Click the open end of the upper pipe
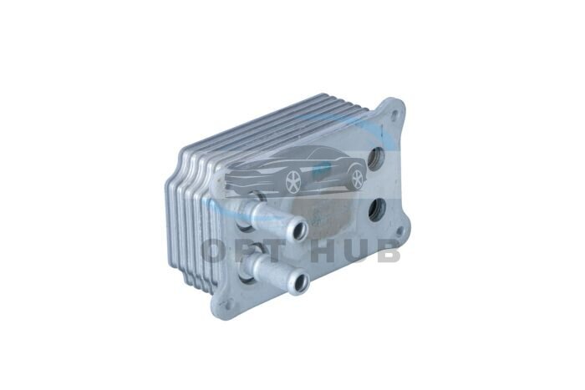pyautogui.click(x=299, y=229)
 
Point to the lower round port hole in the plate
pyautogui.click(x=377, y=210)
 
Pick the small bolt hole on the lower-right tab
pyautogui.click(x=400, y=230)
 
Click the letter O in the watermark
pyautogui.click(x=216, y=251)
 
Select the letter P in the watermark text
pyautogui.click(x=247, y=251)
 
